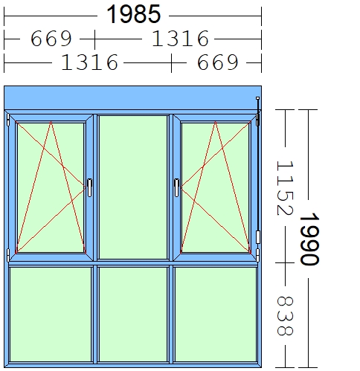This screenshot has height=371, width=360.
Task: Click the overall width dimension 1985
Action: point(134,14)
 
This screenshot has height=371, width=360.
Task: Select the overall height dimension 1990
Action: point(309,239)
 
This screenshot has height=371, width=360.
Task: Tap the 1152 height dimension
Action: point(285,188)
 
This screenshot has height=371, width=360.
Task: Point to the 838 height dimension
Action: point(285,316)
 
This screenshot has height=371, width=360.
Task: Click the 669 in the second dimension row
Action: point(51,39)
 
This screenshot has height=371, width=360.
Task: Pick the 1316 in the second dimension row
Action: point(180,39)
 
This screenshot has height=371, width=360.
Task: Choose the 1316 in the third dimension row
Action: point(89,62)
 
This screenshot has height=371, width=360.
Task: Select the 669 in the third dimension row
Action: point(218,62)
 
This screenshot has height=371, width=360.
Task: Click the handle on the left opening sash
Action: point(89,187)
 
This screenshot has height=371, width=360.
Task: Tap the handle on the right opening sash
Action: point(176,187)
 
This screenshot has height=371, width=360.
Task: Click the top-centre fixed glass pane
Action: point(133,187)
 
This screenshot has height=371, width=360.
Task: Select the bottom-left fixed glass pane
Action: point(51,314)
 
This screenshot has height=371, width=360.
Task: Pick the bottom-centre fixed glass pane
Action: point(133,314)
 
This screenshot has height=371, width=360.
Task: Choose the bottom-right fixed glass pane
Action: point(216,314)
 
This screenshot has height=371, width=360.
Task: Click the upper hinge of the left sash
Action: point(8,120)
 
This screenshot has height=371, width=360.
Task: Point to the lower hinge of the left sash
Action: point(8,255)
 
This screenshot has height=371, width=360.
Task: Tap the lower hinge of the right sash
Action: point(258,255)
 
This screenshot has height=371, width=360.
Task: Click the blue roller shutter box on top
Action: point(132,97)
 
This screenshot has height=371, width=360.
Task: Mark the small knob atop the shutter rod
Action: point(257,98)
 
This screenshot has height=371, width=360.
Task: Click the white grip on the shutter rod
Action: point(258,237)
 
